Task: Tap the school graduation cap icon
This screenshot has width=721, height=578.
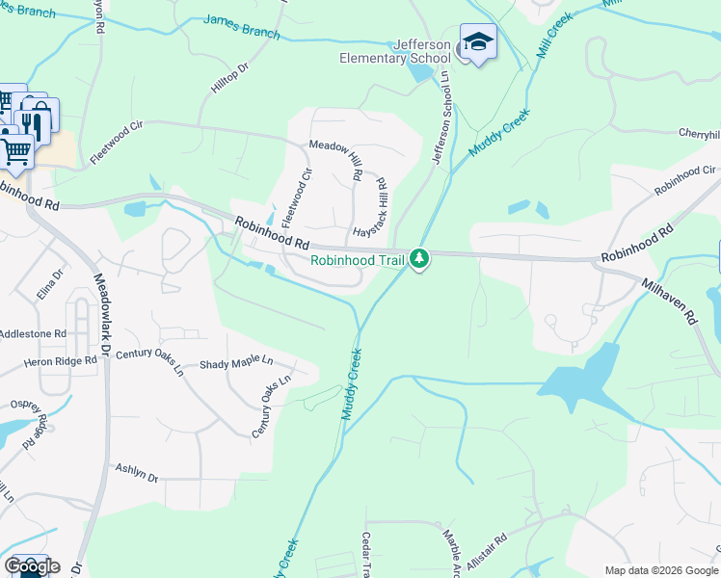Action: coord(478,41)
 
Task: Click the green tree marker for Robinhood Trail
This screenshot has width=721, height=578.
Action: coord(419,258)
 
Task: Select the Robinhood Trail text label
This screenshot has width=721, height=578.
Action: coord(357,260)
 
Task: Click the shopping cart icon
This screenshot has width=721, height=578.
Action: coord(15,149)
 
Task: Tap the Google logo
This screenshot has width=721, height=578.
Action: coord(31,566)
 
